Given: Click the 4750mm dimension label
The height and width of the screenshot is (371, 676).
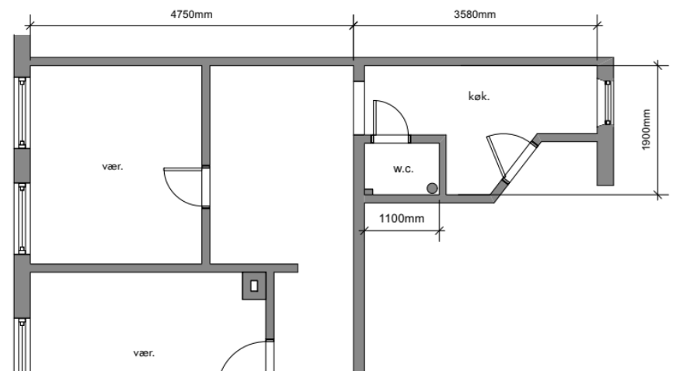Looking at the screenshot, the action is click(191, 15).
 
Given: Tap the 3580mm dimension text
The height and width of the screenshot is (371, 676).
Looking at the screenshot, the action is click(475, 15).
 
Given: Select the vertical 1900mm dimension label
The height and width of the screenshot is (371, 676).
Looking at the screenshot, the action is click(646, 130).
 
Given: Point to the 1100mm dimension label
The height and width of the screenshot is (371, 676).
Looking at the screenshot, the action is click(402, 218).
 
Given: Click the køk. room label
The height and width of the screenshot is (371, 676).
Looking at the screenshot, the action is click(479, 96).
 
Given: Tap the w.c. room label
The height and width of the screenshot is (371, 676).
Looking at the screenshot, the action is click(403, 169).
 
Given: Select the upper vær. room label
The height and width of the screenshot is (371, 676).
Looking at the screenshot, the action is click(113, 166).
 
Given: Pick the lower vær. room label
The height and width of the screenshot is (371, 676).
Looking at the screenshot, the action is click(144, 353).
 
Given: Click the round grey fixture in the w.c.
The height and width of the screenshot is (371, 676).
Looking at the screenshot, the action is click(432, 189).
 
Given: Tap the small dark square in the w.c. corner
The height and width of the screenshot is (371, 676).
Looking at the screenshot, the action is click(368, 192).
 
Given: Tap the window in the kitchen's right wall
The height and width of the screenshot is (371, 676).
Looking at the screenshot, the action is click(608, 102).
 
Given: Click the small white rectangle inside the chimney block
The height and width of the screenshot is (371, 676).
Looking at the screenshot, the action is click(254, 286).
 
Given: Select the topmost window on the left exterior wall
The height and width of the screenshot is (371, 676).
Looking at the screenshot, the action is click(22, 113).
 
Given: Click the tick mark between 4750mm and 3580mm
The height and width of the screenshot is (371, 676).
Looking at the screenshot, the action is click(354, 26).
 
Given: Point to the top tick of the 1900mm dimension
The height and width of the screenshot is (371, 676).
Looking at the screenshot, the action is click(658, 65).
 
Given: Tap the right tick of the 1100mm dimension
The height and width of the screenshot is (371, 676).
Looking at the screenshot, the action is click(439, 231).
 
